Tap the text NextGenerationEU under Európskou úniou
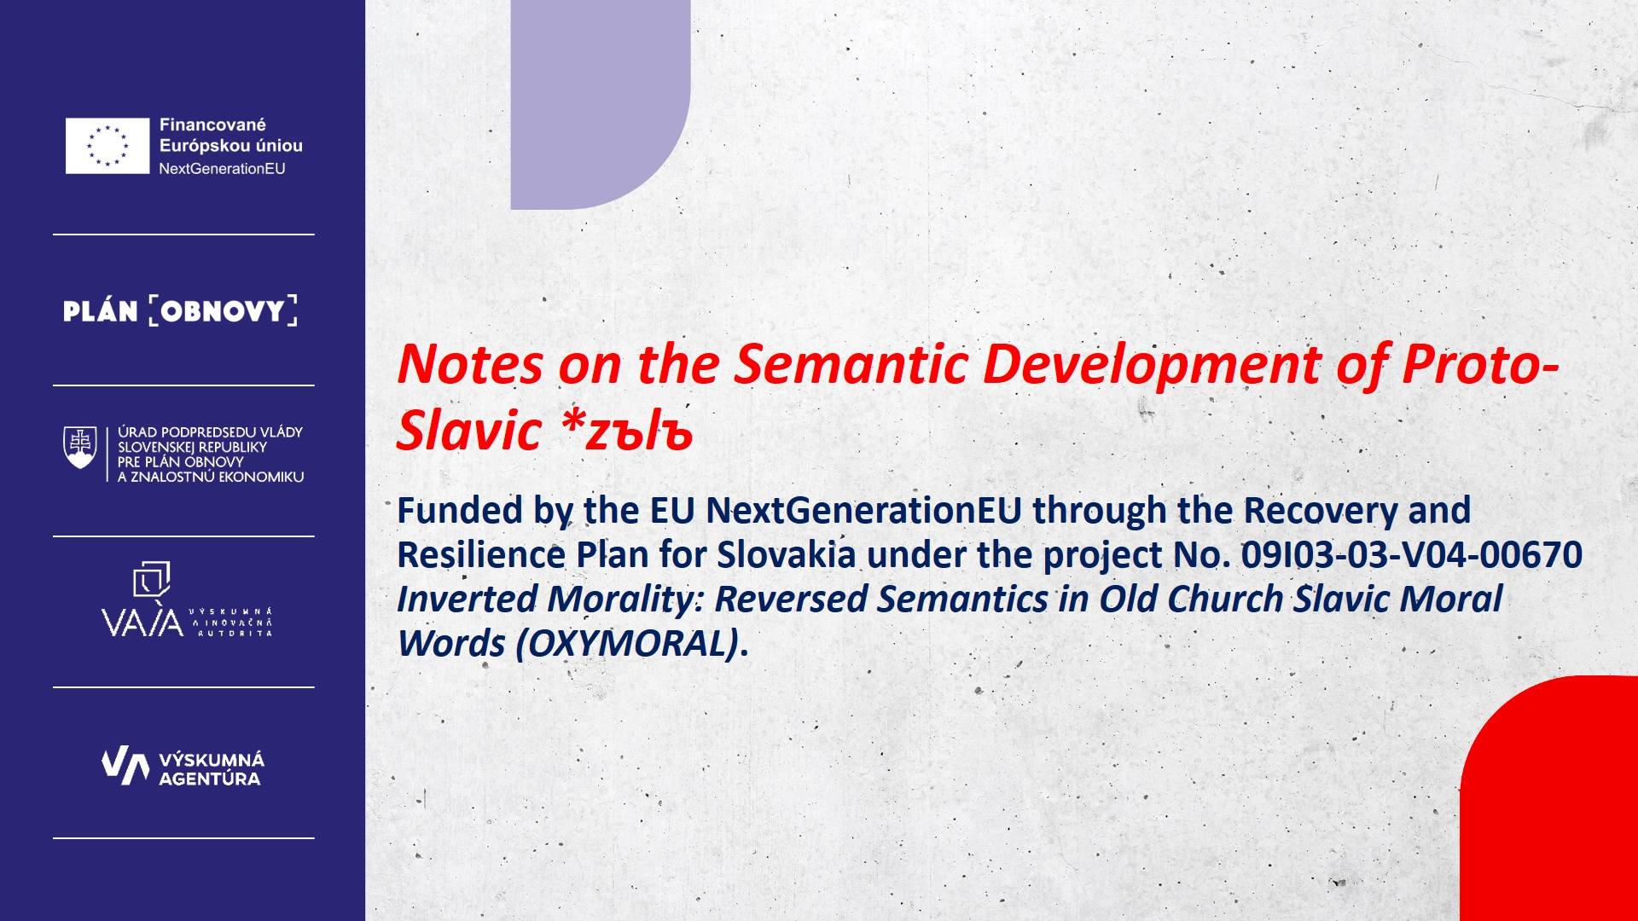click(222, 169)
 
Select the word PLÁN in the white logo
click(101, 311)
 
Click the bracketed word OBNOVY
click(223, 311)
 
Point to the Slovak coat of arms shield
click(80, 447)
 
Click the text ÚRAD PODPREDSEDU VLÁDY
click(210, 432)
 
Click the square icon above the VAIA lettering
click(152, 579)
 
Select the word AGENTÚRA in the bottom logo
click(210, 779)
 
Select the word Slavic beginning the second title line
click(469, 431)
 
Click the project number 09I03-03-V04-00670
click(1411, 555)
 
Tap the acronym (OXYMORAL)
click(627, 643)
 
